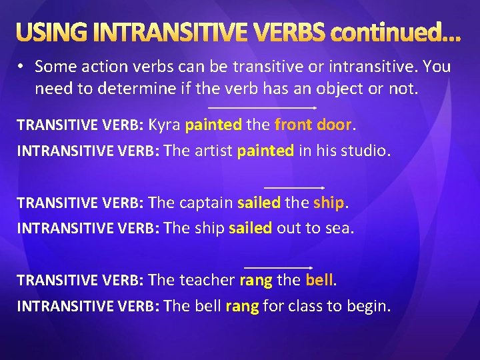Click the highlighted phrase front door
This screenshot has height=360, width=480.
pos(313,124)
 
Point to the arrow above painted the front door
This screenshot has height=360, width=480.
pos(263,107)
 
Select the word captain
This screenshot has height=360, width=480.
pos(205,202)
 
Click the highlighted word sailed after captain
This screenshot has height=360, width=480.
pos(259,202)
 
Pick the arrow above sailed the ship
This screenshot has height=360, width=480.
pos(294,188)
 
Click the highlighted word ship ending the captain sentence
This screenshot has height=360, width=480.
pos(329,202)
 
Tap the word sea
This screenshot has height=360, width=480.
pos(339,228)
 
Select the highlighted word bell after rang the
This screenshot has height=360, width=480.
pos(319,280)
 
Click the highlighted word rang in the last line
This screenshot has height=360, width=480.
pos(243,307)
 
